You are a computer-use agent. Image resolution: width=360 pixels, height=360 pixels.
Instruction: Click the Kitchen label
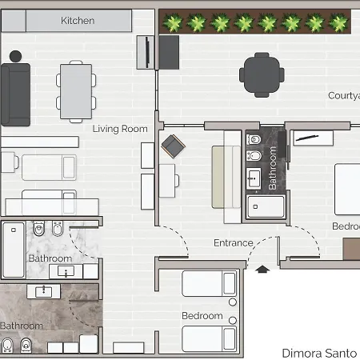(78, 20)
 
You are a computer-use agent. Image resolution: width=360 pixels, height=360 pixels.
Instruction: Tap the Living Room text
(120, 128)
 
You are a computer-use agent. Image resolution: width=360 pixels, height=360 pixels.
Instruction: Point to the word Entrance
(233, 243)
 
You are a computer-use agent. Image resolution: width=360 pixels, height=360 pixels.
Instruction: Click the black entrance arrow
(262, 270)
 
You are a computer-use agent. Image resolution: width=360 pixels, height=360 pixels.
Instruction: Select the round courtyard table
(260, 74)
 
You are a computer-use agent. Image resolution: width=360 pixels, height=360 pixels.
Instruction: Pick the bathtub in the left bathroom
(14, 248)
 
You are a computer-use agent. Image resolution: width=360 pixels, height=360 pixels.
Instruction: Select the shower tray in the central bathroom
(264, 207)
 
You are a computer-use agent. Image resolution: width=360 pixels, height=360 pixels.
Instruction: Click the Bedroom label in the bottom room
(202, 316)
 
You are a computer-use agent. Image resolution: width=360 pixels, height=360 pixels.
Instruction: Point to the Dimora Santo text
(319, 352)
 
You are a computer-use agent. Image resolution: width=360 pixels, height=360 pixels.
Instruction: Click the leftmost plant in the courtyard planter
(171, 23)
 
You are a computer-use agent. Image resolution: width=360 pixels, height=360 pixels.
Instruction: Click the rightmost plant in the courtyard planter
(339, 23)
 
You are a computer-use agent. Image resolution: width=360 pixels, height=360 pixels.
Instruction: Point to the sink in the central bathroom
(255, 177)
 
